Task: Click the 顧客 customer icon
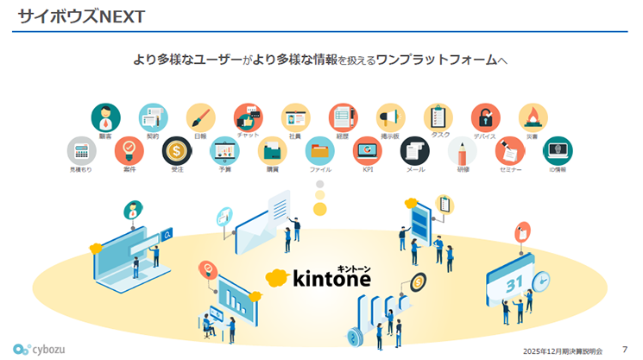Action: coord(106,117)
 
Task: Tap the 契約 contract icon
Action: coord(154,117)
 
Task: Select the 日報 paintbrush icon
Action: coord(200,117)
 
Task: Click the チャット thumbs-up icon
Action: coord(249,117)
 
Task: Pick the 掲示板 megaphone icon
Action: coord(390,117)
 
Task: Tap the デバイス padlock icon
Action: coord(485,117)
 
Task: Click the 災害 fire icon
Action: coord(533,117)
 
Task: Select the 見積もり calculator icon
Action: coord(81,150)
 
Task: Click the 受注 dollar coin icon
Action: coord(177,150)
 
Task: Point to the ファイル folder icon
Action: coord(319,150)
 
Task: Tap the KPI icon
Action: coord(367,150)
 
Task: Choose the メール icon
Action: coord(414,150)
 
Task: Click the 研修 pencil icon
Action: coord(463,150)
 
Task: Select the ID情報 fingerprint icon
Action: coord(558,150)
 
